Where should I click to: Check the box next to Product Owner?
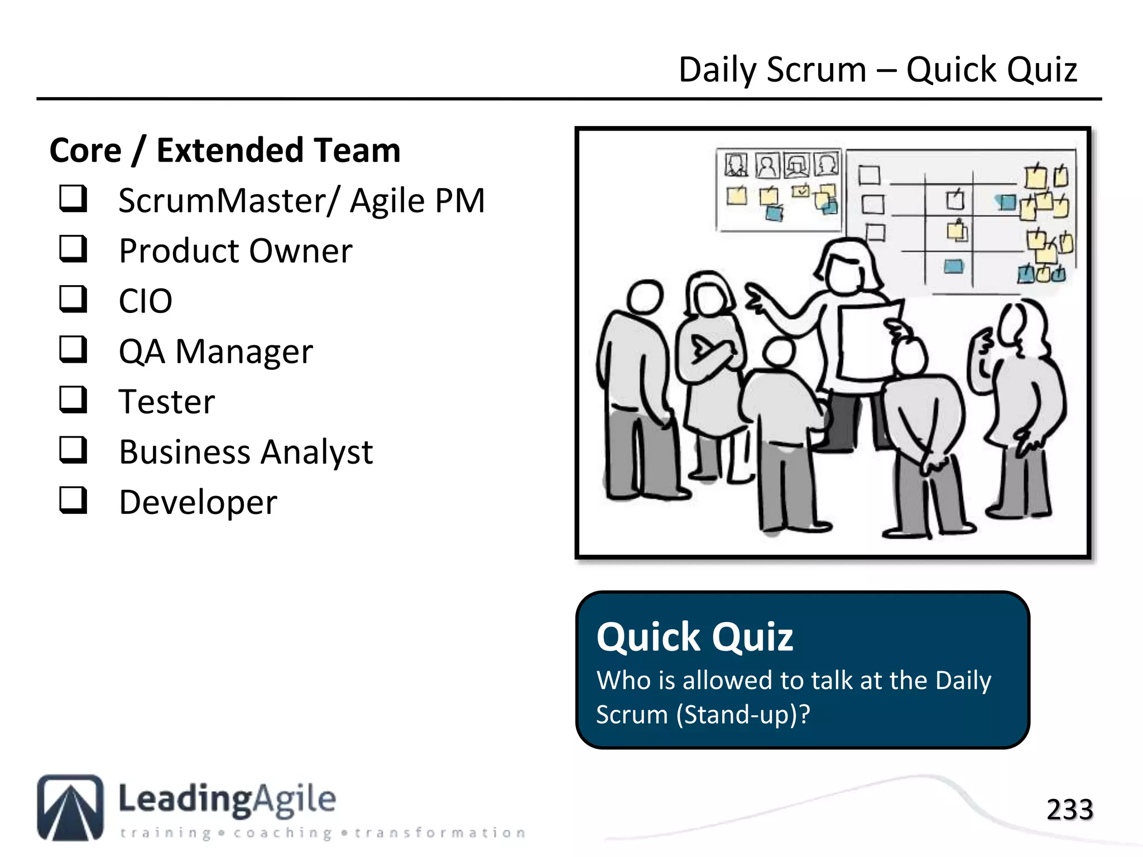[73, 249]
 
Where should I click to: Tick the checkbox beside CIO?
[73, 299]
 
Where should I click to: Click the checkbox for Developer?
[73, 500]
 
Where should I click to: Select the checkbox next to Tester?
[73, 399]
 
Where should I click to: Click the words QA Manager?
[215, 352]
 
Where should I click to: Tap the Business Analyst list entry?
[246, 452]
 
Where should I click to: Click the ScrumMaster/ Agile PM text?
[301, 201]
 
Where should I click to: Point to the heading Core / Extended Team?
[225, 151]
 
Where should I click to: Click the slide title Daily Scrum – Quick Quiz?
[877, 70]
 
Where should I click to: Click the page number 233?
[1069, 809]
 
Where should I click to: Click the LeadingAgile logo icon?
[70, 807]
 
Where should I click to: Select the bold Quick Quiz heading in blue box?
[694, 637]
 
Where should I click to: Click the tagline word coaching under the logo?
[282, 833]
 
